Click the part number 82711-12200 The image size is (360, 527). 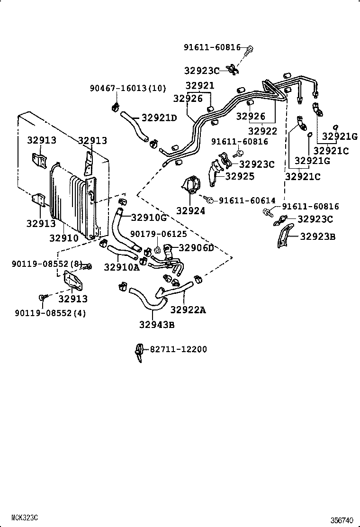point(179,349)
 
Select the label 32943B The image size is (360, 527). point(157,325)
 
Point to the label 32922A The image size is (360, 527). point(188,310)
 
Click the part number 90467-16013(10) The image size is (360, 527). point(128,88)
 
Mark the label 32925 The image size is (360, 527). point(240,176)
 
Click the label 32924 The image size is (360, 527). point(191,211)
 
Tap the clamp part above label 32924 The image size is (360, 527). point(191,185)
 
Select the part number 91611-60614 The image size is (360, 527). point(246,201)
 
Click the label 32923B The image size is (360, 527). point(317,236)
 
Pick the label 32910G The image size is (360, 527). point(149,218)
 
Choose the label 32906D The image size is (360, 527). point(196,248)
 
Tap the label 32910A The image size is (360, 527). point(122,267)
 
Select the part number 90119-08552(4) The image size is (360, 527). point(50,313)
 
